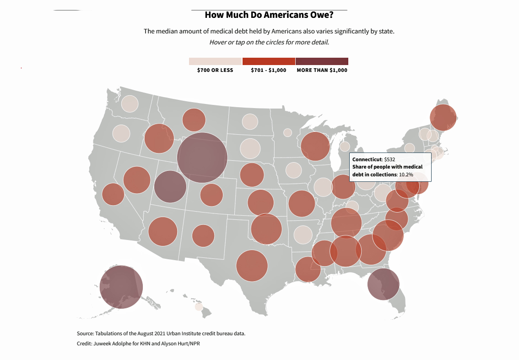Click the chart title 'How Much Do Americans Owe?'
269,15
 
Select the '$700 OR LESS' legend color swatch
215,61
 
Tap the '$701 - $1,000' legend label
269,70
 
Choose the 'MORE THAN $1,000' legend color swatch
322,61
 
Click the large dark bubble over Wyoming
202,158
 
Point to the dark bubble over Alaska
121,287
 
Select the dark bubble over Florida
384,284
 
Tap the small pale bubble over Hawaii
199,307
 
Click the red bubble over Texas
252,266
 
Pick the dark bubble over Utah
170,187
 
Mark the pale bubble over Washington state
130,104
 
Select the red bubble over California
113,194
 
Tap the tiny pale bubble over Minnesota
287,132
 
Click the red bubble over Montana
194,120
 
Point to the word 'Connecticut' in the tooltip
367,159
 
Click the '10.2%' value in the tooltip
406,175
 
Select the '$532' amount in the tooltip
389,159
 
